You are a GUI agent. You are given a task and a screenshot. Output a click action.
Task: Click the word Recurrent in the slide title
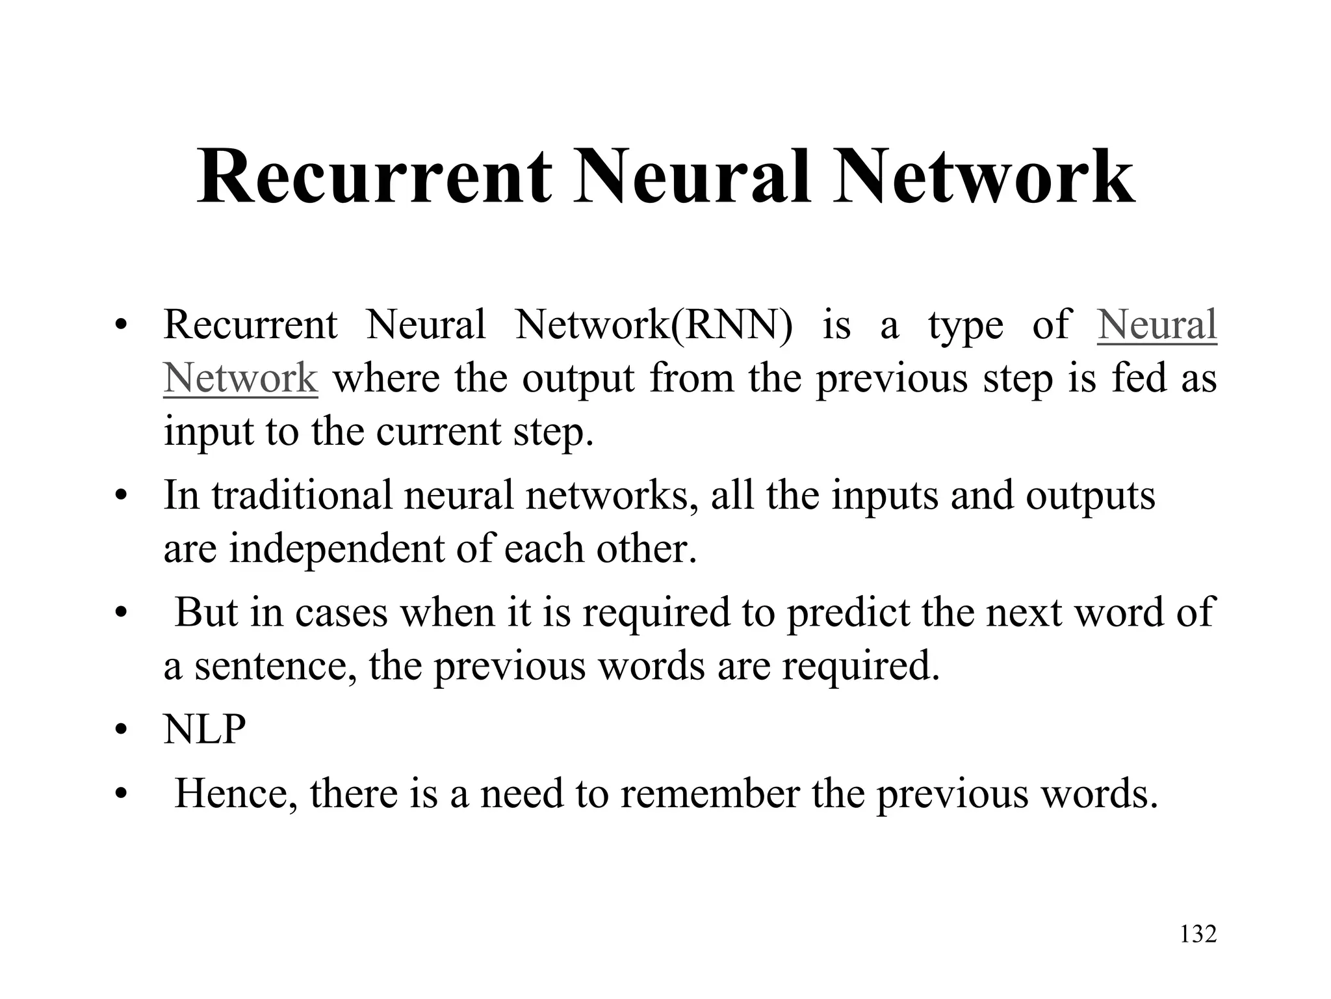374,177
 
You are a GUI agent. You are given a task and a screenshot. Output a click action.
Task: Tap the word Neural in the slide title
693,177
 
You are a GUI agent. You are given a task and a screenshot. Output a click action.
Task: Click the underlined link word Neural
1157,325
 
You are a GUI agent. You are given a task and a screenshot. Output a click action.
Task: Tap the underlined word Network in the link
240,378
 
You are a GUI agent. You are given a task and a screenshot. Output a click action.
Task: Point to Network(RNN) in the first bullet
654,325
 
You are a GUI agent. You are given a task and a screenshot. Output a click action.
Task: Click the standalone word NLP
205,729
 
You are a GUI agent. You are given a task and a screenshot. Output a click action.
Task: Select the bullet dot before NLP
120,730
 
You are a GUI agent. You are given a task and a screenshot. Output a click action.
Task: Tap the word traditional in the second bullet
302,496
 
